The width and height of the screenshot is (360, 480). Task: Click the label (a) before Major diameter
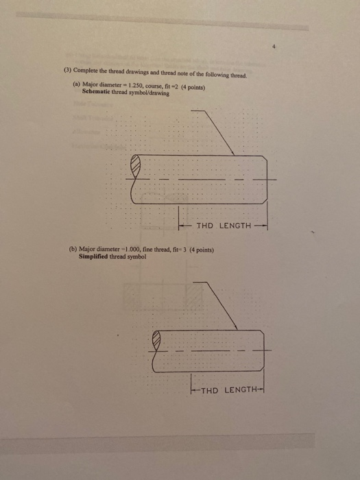coord(76,83)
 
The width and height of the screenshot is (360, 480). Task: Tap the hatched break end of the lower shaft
coord(158,339)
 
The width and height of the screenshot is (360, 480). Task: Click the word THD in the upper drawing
coord(205,226)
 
